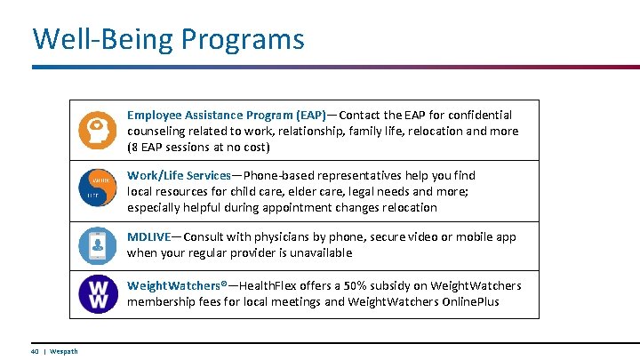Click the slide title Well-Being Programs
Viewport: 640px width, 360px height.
[168, 39]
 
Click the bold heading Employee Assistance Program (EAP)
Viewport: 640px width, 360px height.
[226, 115]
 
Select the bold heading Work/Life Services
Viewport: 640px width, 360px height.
[179, 175]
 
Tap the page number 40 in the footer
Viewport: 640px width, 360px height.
[36, 351]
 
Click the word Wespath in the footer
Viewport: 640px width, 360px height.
[64, 351]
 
